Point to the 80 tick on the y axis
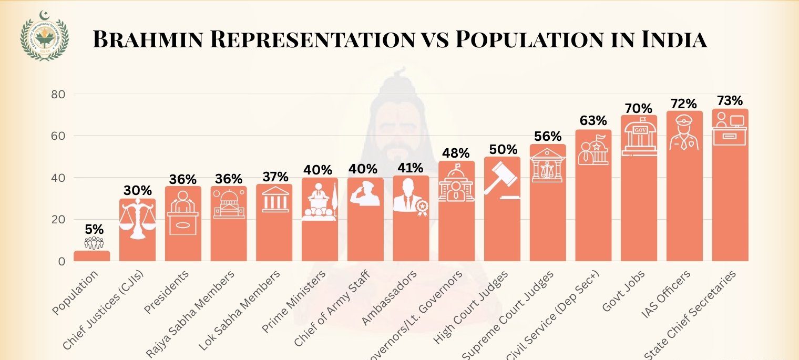58,95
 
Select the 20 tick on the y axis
58,220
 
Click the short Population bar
92,256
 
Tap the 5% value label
94,230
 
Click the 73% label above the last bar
730,101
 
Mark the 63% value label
593,121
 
